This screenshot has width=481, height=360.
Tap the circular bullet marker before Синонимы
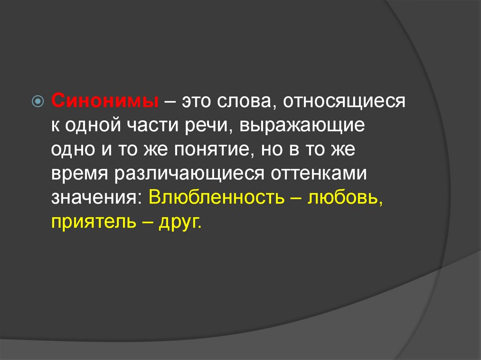[39, 101]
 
